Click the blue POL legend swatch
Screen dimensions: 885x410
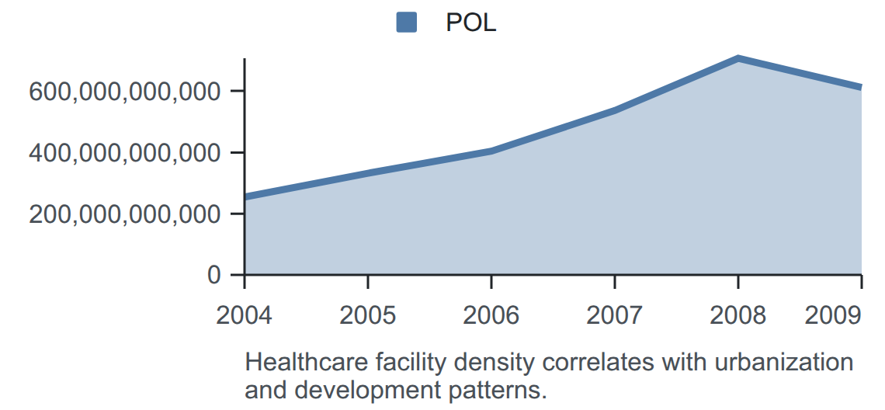point(406,23)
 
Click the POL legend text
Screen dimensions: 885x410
point(470,23)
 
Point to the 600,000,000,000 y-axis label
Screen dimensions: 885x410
point(124,92)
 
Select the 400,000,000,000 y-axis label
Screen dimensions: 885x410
point(124,153)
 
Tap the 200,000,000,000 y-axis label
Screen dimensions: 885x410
point(124,214)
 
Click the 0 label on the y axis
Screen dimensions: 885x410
point(214,275)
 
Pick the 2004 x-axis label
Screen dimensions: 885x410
point(244,315)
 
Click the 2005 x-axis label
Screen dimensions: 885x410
point(367,315)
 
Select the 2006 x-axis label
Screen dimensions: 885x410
point(491,315)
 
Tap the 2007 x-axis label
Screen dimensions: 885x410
point(614,315)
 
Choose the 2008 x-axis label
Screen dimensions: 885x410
point(737,315)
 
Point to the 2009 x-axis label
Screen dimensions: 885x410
point(833,315)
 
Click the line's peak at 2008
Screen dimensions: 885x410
point(737,58)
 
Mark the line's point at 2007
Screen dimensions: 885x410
point(615,110)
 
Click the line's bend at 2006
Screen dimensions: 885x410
point(491,151)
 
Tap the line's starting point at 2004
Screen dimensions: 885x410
point(245,197)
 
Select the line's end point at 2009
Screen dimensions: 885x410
point(861,87)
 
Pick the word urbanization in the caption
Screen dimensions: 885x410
point(784,362)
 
